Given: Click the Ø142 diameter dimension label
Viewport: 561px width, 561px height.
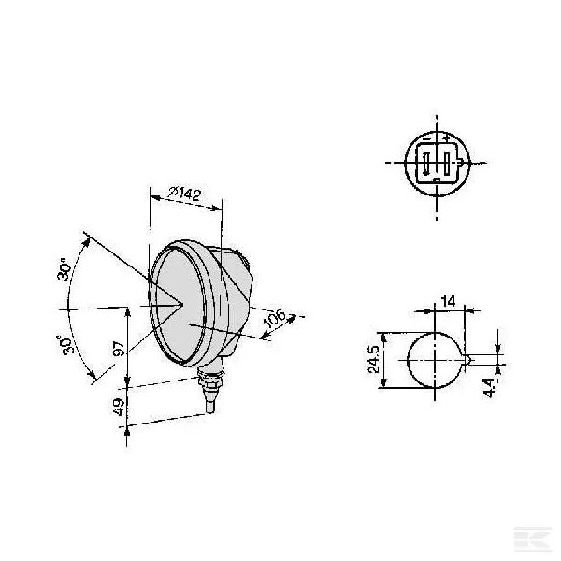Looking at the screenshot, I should click(x=185, y=194).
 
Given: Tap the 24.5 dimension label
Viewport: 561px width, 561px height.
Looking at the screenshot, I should click(x=375, y=359).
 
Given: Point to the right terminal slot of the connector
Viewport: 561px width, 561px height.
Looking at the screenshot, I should click(x=448, y=165).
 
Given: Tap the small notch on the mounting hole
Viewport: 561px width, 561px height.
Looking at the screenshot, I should click(x=467, y=359).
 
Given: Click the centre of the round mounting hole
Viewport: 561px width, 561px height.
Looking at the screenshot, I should click(x=436, y=360).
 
